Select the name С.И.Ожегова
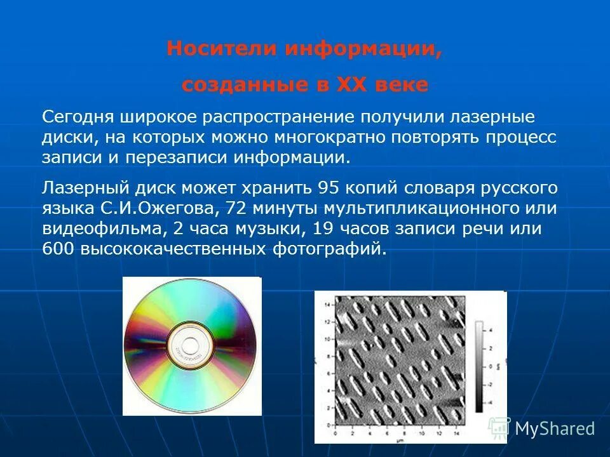(x=156, y=208)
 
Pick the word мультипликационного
(x=412, y=208)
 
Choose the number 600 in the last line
(x=58, y=249)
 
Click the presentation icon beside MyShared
(x=499, y=428)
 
